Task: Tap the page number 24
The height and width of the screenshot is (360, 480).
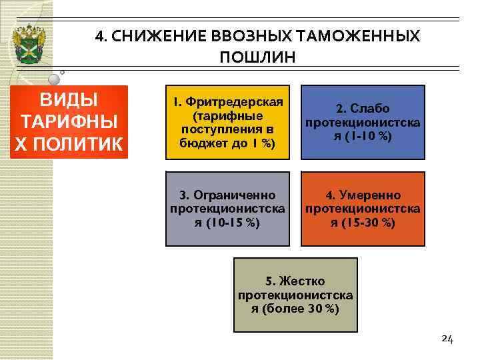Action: coord(447,339)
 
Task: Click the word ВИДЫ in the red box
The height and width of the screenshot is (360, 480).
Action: coord(69,101)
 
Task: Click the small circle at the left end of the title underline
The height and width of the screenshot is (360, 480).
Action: coord(61,71)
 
